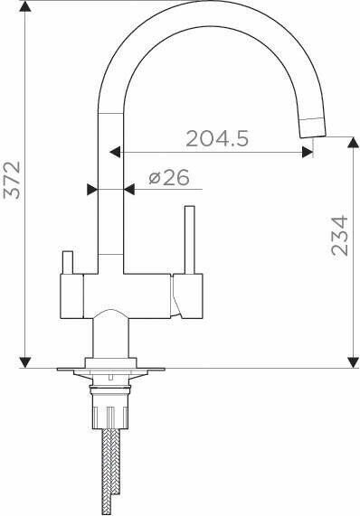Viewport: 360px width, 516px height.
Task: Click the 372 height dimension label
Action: point(12,180)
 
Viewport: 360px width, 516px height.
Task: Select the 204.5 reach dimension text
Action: point(217,138)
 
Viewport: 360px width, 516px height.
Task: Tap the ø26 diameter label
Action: point(169,178)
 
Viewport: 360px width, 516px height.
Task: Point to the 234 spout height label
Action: point(339,235)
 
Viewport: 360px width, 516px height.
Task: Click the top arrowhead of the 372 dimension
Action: point(25,6)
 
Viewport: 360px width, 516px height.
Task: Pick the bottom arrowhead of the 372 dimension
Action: point(25,362)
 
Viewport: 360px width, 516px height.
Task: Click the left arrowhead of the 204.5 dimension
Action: point(115,153)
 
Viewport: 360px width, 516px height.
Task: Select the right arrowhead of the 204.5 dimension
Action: point(308,153)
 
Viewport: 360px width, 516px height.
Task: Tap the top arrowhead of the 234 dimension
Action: point(354,143)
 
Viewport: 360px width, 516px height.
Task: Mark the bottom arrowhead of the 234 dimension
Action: point(354,362)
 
